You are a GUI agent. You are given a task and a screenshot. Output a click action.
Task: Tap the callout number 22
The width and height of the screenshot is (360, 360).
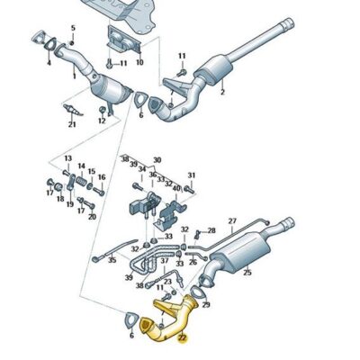click(183, 338)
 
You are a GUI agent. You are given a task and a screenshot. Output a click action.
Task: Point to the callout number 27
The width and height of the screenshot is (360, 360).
click(231, 220)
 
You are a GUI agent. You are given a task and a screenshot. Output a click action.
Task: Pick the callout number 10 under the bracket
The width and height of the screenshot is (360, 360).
click(139, 64)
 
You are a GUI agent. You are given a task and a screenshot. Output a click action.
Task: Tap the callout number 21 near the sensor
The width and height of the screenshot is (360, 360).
click(71, 124)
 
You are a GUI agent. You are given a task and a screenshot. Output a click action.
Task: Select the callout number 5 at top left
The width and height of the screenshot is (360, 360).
click(74, 27)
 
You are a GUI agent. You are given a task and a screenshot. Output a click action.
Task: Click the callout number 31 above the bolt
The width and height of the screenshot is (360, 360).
click(191, 175)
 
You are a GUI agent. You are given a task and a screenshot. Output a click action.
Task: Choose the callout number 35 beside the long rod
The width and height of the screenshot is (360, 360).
click(112, 260)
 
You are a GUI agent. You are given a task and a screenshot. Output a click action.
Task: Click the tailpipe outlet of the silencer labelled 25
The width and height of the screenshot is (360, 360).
click(290, 223)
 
